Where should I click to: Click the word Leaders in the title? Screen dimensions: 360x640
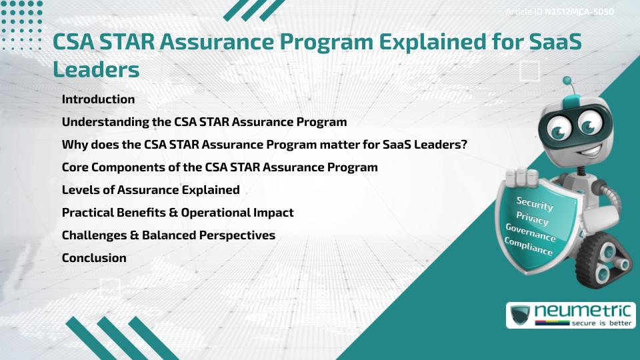tap(96, 69)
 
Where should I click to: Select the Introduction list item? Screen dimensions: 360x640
tap(98, 99)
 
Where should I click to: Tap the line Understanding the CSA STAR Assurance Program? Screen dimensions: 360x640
tap(204, 122)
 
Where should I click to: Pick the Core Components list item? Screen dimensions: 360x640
tap(219, 167)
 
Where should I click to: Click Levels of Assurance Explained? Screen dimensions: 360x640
tap(150, 190)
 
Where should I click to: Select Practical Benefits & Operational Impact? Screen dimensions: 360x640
tap(177, 213)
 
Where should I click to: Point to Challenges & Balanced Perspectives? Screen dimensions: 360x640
tap(168, 235)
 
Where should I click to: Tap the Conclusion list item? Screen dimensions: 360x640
tap(94, 258)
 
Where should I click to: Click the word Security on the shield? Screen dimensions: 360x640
tap(535, 203)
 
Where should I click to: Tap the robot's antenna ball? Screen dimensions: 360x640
tap(567, 81)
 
